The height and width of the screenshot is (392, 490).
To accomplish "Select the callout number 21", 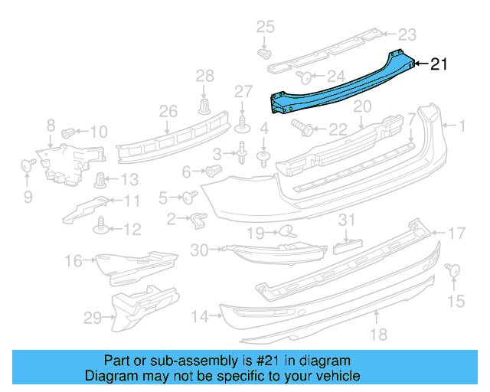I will pos(439,65).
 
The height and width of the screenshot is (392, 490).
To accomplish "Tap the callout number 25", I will pos(264,28).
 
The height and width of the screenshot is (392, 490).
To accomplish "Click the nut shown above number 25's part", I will pos(264,54).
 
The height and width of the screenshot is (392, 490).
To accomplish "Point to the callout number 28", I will pos(205,75).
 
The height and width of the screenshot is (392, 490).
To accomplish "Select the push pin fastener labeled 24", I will pos(304,75).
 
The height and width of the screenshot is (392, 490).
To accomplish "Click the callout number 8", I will pos(51,124).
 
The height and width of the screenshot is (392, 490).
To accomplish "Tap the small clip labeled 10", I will pos(68,132).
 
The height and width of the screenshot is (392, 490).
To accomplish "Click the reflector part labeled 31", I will pos(348,246).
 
